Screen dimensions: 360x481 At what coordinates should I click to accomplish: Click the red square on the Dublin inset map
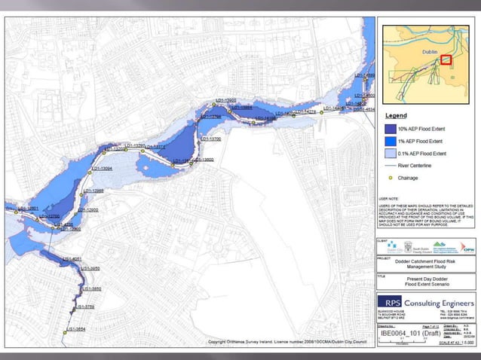tap(446, 59)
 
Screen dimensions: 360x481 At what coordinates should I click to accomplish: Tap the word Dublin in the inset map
tap(430, 49)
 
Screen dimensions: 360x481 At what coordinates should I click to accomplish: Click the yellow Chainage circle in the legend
tap(391, 178)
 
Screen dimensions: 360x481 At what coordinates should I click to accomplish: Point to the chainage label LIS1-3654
tap(75, 329)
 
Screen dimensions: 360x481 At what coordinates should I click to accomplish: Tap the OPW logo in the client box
tap(467, 246)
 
